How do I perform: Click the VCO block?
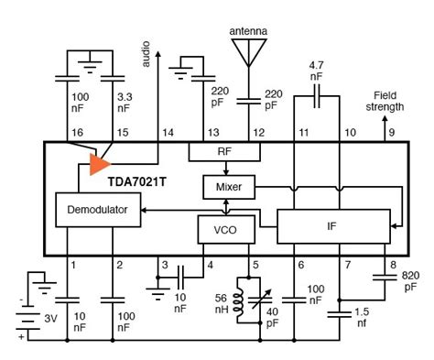click(221, 228)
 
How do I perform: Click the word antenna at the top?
click(249, 30)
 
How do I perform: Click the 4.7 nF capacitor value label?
click(316, 71)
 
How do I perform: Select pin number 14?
click(166, 134)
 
